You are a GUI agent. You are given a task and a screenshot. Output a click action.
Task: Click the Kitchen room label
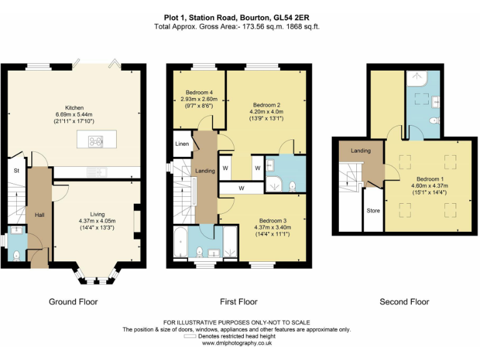point(74,107)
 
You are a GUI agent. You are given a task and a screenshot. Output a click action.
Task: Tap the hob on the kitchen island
point(96,141)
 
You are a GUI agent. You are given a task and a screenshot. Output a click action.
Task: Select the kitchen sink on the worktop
point(97,172)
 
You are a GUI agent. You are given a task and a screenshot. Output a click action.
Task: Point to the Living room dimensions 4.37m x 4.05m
point(97,221)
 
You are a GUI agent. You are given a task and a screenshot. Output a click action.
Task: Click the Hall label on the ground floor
point(39,215)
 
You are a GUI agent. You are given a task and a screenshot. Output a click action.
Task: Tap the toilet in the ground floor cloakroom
point(16,256)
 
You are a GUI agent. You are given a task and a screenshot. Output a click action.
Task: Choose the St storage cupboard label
point(16,171)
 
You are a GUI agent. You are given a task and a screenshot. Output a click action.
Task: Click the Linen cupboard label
point(182,144)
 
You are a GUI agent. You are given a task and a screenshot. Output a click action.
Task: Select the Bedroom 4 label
point(199,92)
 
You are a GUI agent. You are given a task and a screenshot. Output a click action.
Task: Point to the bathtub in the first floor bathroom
point(180,242)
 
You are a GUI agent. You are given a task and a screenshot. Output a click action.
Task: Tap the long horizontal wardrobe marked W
point(241,188)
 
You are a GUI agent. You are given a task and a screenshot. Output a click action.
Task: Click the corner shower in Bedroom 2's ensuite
point(274,184)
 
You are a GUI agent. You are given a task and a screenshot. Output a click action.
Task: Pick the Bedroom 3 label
point(272,221)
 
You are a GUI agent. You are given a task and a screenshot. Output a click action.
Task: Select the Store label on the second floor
point(373,211)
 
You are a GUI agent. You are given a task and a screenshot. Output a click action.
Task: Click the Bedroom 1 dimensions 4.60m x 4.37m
point(429,186)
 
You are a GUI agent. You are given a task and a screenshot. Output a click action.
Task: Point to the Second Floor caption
point(404,302)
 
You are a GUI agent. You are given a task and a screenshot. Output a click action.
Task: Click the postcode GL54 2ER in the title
point(291,17)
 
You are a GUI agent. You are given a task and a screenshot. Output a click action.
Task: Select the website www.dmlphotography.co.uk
point(237,343)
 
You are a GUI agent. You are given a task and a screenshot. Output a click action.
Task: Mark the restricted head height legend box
point(190,336)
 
